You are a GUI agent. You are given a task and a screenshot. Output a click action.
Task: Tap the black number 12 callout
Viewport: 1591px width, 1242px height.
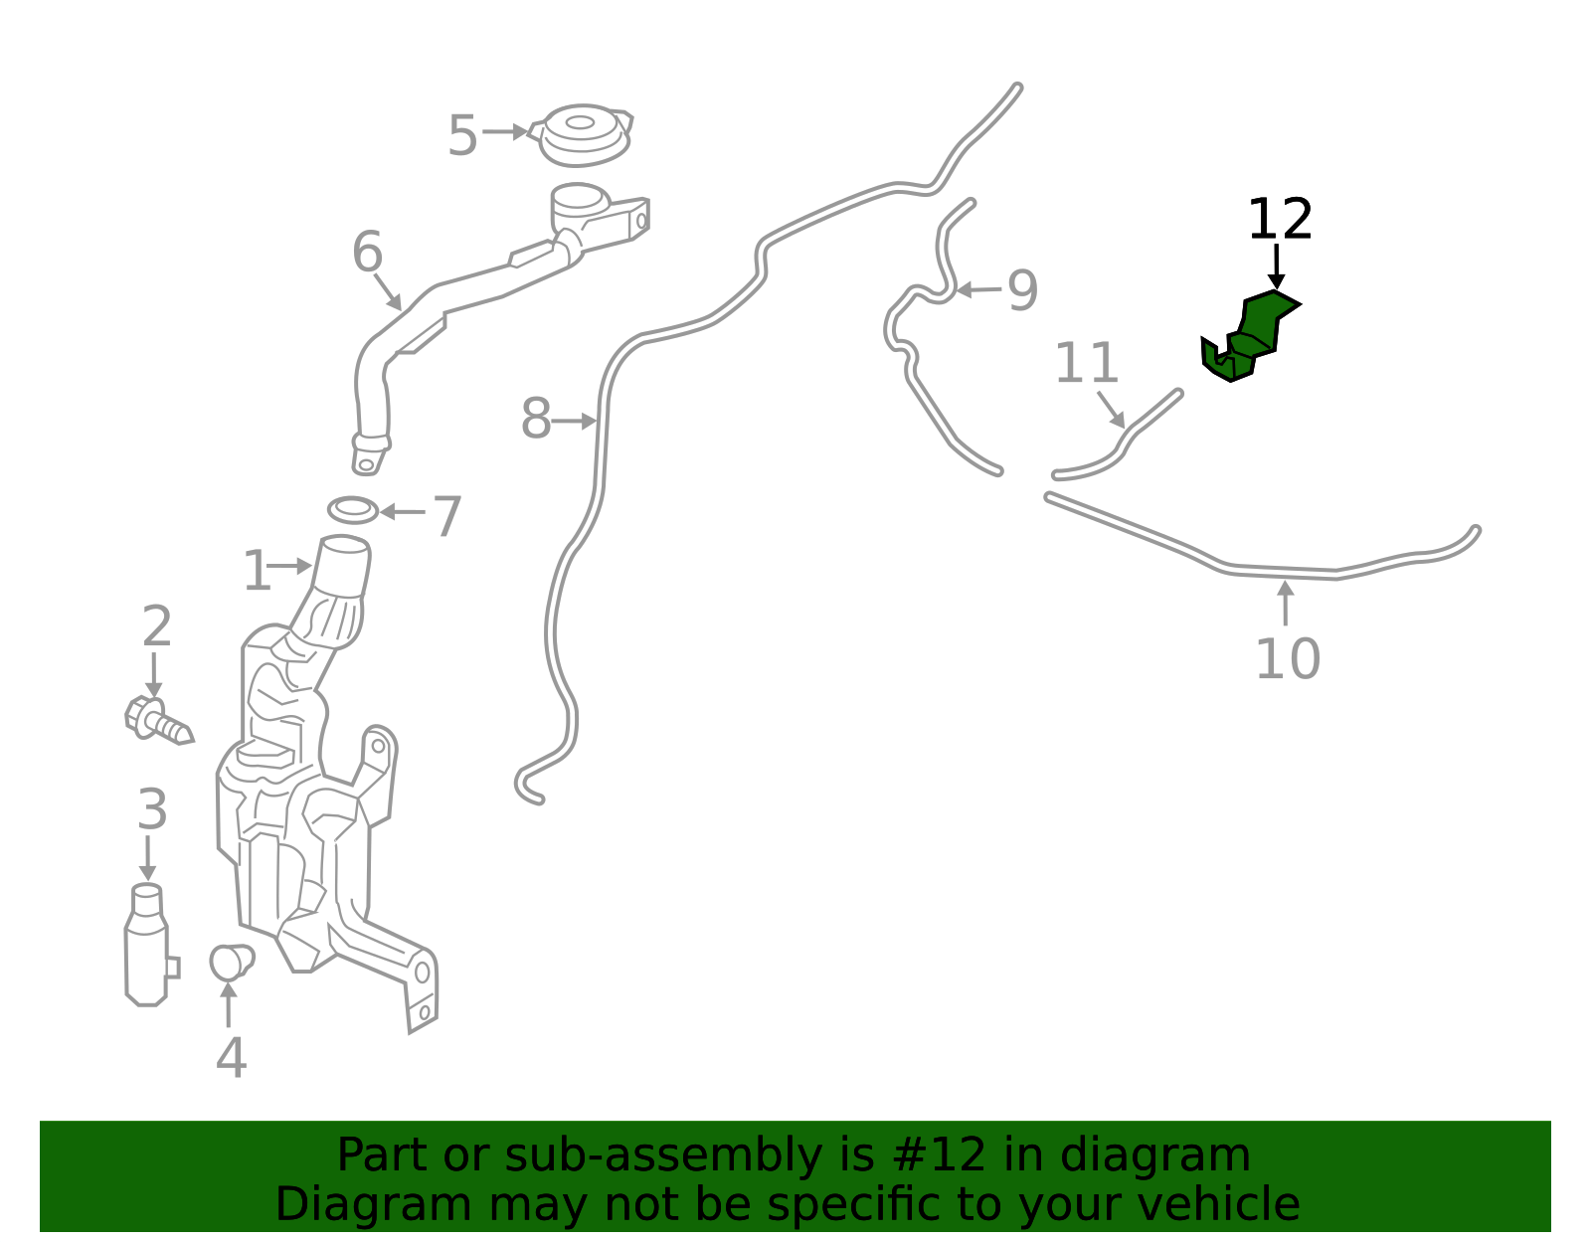(x=1280, y=220)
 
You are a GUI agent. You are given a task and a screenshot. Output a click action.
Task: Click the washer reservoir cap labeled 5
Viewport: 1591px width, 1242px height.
(x=581, y=134)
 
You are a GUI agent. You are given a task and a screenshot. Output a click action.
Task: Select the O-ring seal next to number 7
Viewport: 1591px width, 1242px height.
(x=353, y=510)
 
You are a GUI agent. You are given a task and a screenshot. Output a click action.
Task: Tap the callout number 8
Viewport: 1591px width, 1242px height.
(x=536, y=419)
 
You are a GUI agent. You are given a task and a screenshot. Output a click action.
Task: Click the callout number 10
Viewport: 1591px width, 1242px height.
(x=1288, y=659)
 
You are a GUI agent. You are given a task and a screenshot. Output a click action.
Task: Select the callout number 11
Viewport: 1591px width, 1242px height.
(x=1087, y=363)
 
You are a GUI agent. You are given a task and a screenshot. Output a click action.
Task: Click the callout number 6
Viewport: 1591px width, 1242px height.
(x=368, y=252)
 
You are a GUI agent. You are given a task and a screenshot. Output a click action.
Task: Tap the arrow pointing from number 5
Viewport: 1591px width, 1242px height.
(x=505, y=131)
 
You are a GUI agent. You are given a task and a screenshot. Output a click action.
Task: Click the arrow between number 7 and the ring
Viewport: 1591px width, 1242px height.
(x=403, y=512)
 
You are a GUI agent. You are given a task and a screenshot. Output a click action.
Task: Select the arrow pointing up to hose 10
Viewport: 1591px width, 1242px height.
(x=1286, y=603)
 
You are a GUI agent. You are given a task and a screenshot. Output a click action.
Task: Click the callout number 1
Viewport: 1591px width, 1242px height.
(x=257, y=572)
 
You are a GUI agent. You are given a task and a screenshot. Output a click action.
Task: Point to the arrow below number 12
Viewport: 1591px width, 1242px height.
(x=1276, y=266)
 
